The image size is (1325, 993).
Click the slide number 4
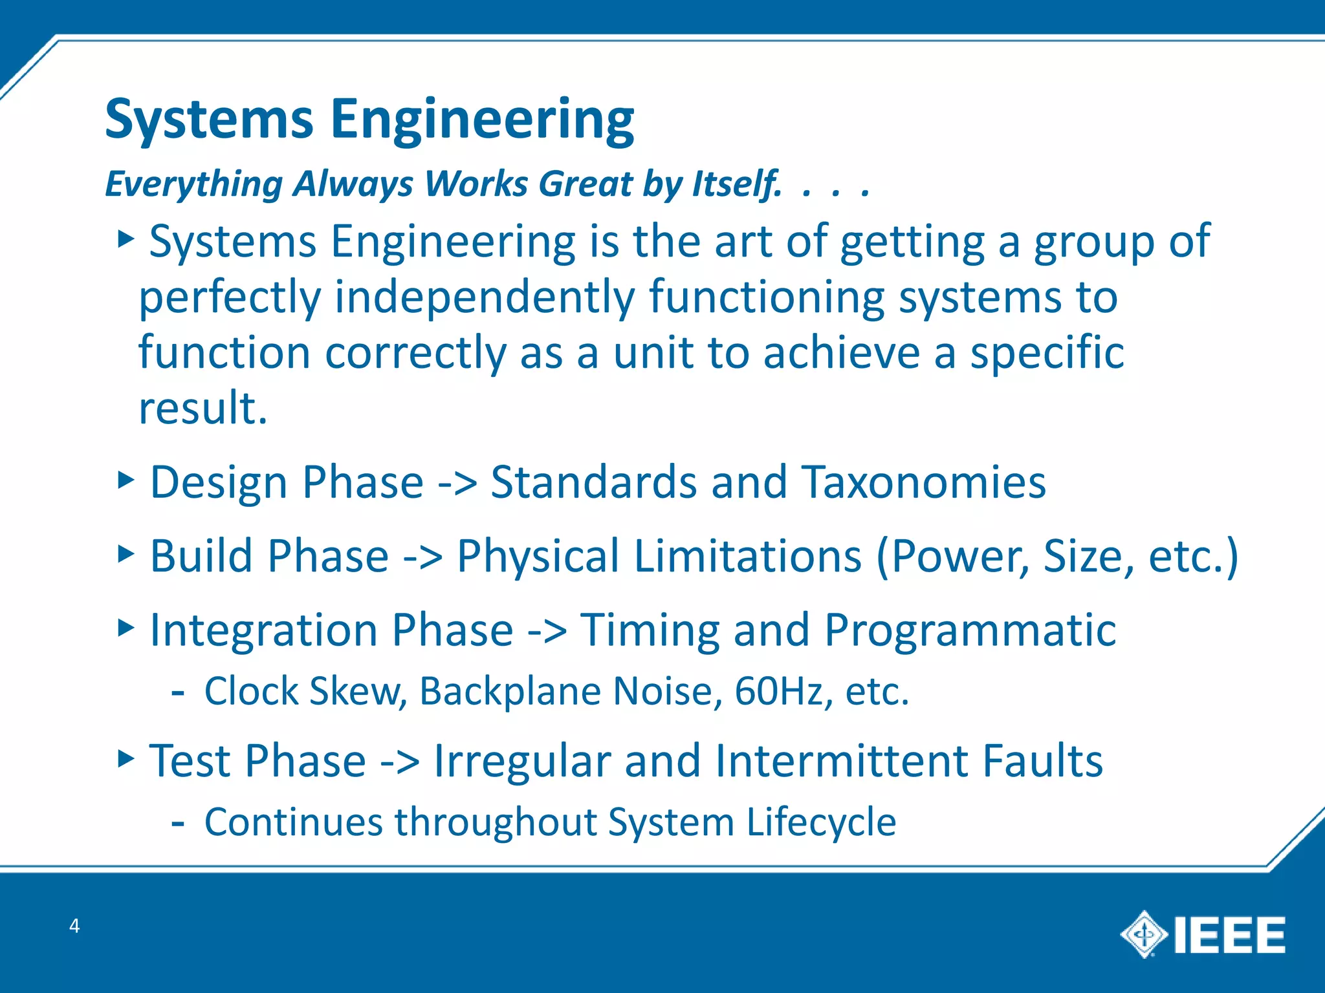(74, 926)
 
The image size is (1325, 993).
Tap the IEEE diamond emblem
(1144, 934)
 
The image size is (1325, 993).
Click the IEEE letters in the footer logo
(1229, 935)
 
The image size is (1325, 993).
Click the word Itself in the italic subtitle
(736, 184)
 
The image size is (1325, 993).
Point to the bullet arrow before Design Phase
(126, 480)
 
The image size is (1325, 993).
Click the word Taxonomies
(923, 482)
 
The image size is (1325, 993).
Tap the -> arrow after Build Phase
(422, 556)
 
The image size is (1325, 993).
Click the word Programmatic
(970, 630)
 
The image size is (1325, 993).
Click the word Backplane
(510, 691)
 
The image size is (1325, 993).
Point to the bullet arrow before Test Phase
(126, 758)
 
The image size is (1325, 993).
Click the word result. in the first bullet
(203, 408)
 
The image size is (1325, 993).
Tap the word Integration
(263, 630)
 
